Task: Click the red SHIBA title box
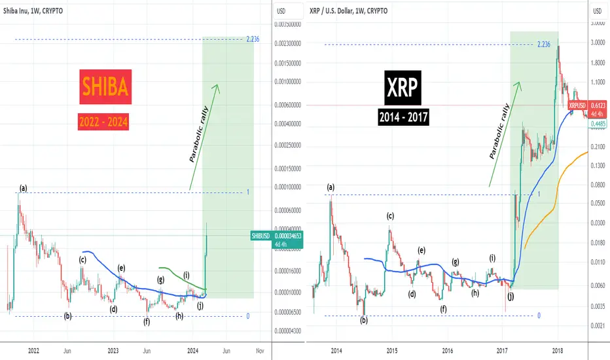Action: coord(105,87)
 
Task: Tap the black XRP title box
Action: coord(403,88)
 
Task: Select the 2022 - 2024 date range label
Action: coord(103,122)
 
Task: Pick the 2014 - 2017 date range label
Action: coord(403,117)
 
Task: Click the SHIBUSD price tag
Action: coord(277,240)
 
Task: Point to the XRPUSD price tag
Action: coord(587,109)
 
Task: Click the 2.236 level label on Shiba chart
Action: coord(253,39)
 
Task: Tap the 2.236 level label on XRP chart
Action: coord(544,45)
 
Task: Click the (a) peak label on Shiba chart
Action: coord(24,189)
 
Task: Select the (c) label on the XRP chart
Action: coord(390,216)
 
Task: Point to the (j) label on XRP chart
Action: coord(511,296)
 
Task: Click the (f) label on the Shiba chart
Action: coord(147,322)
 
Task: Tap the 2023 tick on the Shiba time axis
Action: coord(113,351)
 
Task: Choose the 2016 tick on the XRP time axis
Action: coord(448,351)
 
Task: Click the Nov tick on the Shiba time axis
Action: coord(260,351)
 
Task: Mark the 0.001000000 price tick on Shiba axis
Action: coord(288,82)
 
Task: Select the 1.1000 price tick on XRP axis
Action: coord(598,82)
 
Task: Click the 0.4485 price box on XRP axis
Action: coord(598,124)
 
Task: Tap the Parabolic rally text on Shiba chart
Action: coord(199,134)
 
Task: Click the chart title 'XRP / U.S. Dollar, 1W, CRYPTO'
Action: coord(349,11)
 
